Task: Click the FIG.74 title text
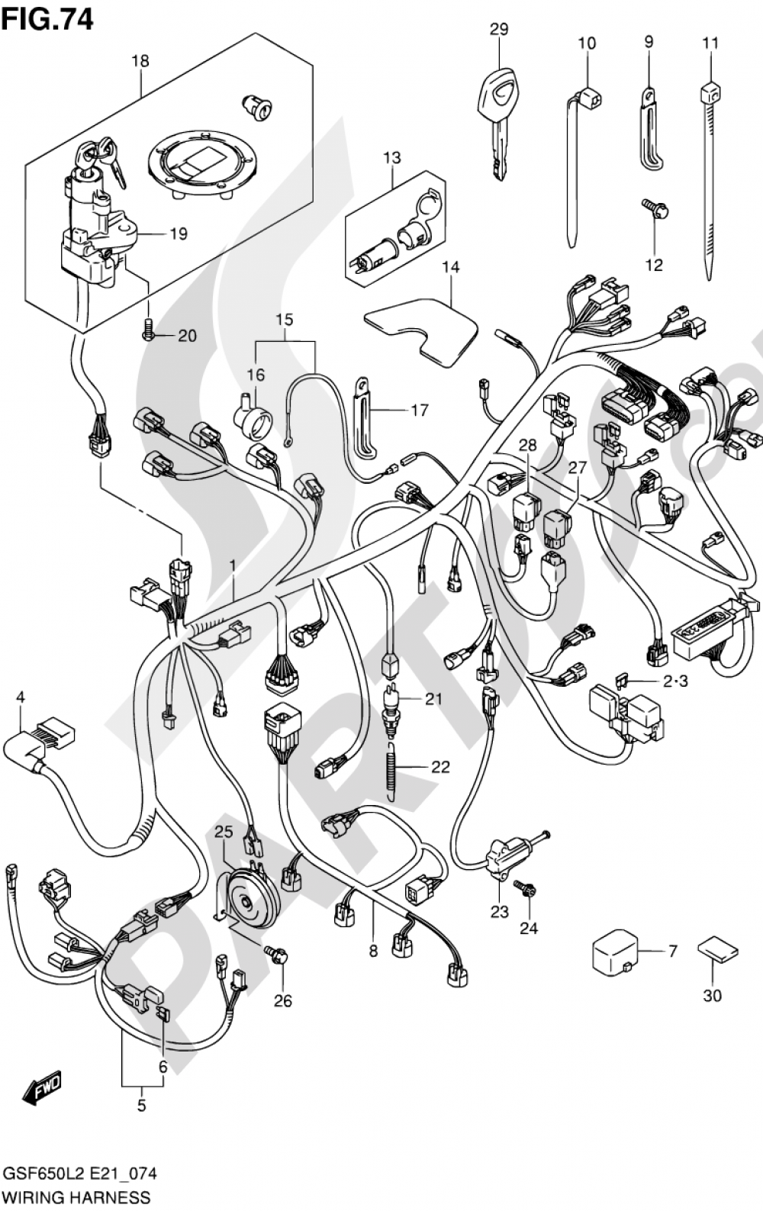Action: pos(47,18)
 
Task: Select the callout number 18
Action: pos(140,61)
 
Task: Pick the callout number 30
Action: pos(712,995)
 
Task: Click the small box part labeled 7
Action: pos(614,952)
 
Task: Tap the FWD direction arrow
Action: pos(42,1088)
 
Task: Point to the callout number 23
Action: pos(499,911)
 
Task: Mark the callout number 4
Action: pos(21,696)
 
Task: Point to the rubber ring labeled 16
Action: pos(251,419)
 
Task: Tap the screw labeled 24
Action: pos(525,888)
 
